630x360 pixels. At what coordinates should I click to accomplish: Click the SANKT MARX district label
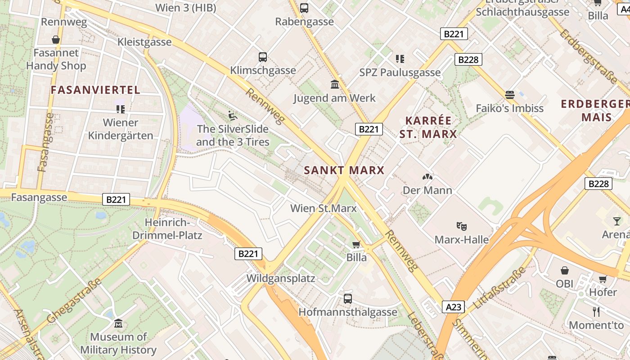click(x=344, y=170)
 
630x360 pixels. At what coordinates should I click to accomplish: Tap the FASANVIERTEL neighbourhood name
click(x=95, y=90)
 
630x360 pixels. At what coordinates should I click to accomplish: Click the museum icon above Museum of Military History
click(x=118, y=323)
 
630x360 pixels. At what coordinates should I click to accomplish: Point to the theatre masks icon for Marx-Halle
click(x=461, y=226)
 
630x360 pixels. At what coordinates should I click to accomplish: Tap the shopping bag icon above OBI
click(x=565, y=270)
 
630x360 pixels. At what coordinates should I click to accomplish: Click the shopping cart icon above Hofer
click(x=603, y=279)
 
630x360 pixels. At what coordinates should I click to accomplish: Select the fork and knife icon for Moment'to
click(x=596, y=311)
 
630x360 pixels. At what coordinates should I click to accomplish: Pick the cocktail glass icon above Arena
click(x=616, y=221)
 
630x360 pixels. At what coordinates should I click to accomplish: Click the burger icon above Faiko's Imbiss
click(x=509, y=94)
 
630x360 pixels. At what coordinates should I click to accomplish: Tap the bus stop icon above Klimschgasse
click(x=263, y=57)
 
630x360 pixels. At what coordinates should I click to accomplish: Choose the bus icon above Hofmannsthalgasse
click(x=348, y=298)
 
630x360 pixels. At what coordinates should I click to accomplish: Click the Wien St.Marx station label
click(x=323, y=208)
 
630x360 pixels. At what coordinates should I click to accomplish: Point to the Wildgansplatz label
click(x=280, y=278)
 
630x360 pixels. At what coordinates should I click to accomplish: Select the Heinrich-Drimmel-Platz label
click(x=167, y=229)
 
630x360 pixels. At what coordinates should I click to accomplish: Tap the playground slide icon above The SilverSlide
click(x=232, y=116)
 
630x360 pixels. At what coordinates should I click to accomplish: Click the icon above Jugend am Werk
click(x=334, y=85)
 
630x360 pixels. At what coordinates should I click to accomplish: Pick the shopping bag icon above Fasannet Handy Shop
click(x=56, y=40)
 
